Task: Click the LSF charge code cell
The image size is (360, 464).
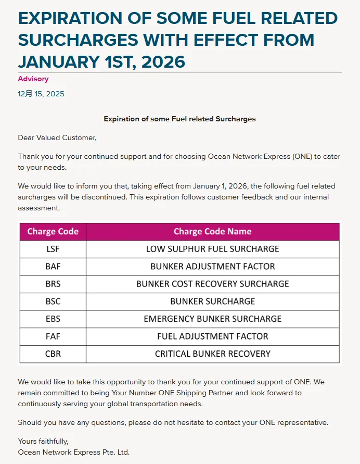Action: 53,249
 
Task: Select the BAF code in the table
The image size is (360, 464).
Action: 53,266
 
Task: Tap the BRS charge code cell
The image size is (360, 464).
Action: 53,284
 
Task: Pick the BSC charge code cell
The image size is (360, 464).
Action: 53,301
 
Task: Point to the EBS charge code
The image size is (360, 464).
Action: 53,319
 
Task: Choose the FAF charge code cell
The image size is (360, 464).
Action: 53,336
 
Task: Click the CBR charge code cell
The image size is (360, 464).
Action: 53,354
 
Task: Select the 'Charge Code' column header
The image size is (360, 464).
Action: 53,231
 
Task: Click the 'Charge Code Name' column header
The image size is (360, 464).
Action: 212,231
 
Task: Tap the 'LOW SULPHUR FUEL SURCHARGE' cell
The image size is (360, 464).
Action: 212,249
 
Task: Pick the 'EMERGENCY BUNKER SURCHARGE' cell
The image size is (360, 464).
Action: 212,319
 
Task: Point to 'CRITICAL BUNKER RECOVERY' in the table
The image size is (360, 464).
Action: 212,354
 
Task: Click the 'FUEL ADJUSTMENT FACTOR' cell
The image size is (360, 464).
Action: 212,336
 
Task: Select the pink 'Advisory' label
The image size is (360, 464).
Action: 33,79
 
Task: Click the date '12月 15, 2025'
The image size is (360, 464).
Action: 41,94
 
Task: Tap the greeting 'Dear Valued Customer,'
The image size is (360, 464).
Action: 57,137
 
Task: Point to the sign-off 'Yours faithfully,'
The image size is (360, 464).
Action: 43,441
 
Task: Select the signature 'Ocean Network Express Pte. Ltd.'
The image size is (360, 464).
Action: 73,452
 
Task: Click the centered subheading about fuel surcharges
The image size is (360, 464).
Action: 179,119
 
